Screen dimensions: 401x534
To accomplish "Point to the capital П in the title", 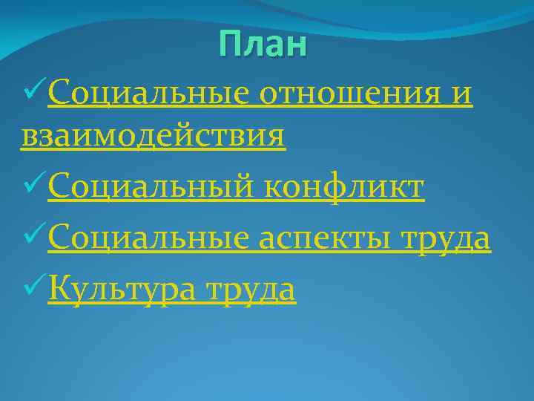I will (230, 46).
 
